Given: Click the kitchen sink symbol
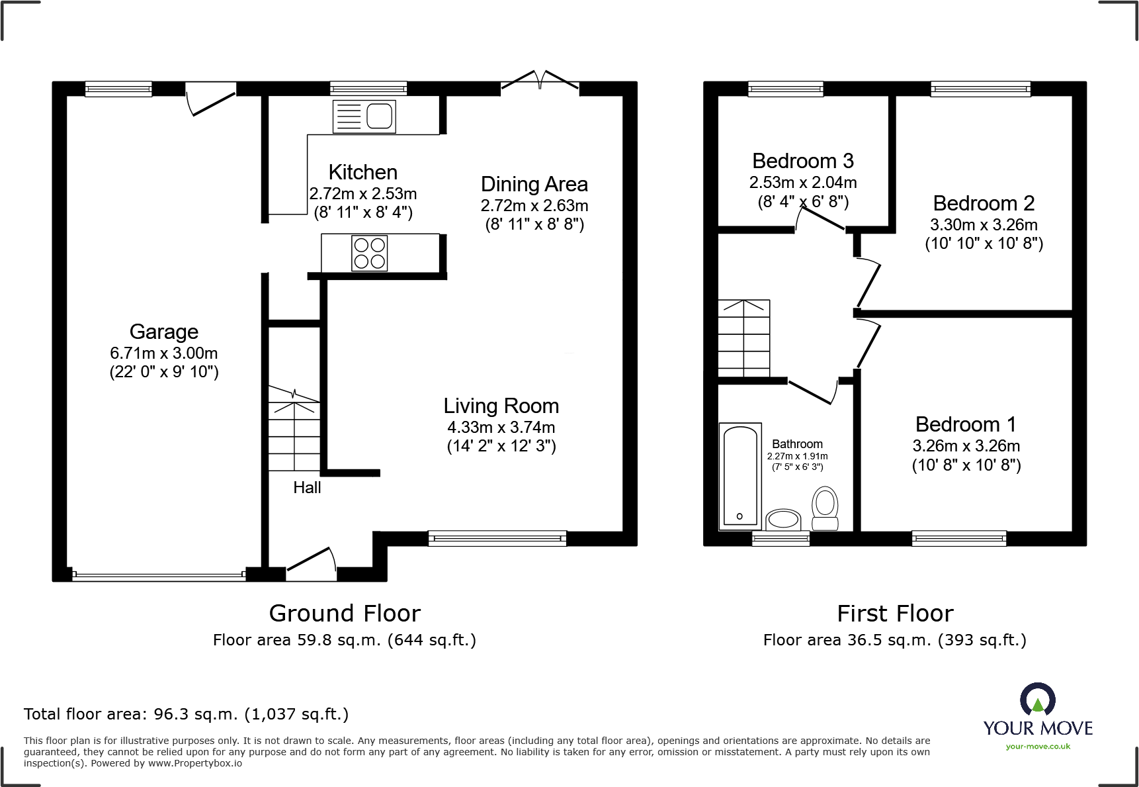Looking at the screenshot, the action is (364, 116).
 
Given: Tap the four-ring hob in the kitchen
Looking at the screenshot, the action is (370, 253).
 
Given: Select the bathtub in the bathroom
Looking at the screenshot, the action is (739, 476).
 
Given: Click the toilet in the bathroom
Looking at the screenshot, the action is (825, 508).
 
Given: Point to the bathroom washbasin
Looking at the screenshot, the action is (783, 520).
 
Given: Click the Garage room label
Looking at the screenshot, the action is (164, 332).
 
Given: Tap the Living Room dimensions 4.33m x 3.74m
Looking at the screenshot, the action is (501, 428).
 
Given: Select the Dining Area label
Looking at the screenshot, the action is (534, 184).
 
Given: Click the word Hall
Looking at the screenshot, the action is (307, 488).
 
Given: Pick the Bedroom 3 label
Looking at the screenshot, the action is (803, 161).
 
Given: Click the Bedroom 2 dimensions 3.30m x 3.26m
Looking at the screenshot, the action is (984, 224).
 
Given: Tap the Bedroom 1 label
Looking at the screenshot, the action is (966, 424).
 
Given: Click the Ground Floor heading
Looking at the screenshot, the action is (345, 614).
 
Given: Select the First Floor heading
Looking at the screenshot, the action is (895, 614).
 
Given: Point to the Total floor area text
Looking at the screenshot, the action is (186, 714).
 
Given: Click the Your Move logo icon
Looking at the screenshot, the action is (1038, 699).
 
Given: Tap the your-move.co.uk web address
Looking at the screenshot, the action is (1038, 747).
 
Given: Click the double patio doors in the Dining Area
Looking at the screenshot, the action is (540, 79).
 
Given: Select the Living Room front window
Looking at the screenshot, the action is (497, 538).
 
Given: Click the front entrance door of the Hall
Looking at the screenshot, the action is (311, 565).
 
